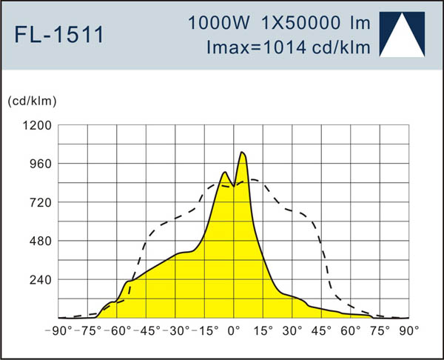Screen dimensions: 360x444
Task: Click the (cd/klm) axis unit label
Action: [33, 100]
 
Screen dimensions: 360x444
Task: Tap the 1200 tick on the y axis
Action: [36, 125]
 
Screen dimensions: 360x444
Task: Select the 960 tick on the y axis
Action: [39, 164]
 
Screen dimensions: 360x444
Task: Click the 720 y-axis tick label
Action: [39, 202]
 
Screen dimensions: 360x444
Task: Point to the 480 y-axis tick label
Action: [39, 241]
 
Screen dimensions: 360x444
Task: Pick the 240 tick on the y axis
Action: [39, 279]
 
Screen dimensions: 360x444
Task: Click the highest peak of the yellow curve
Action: [242, 153]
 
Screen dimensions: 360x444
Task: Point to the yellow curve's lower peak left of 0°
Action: [223, 173]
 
